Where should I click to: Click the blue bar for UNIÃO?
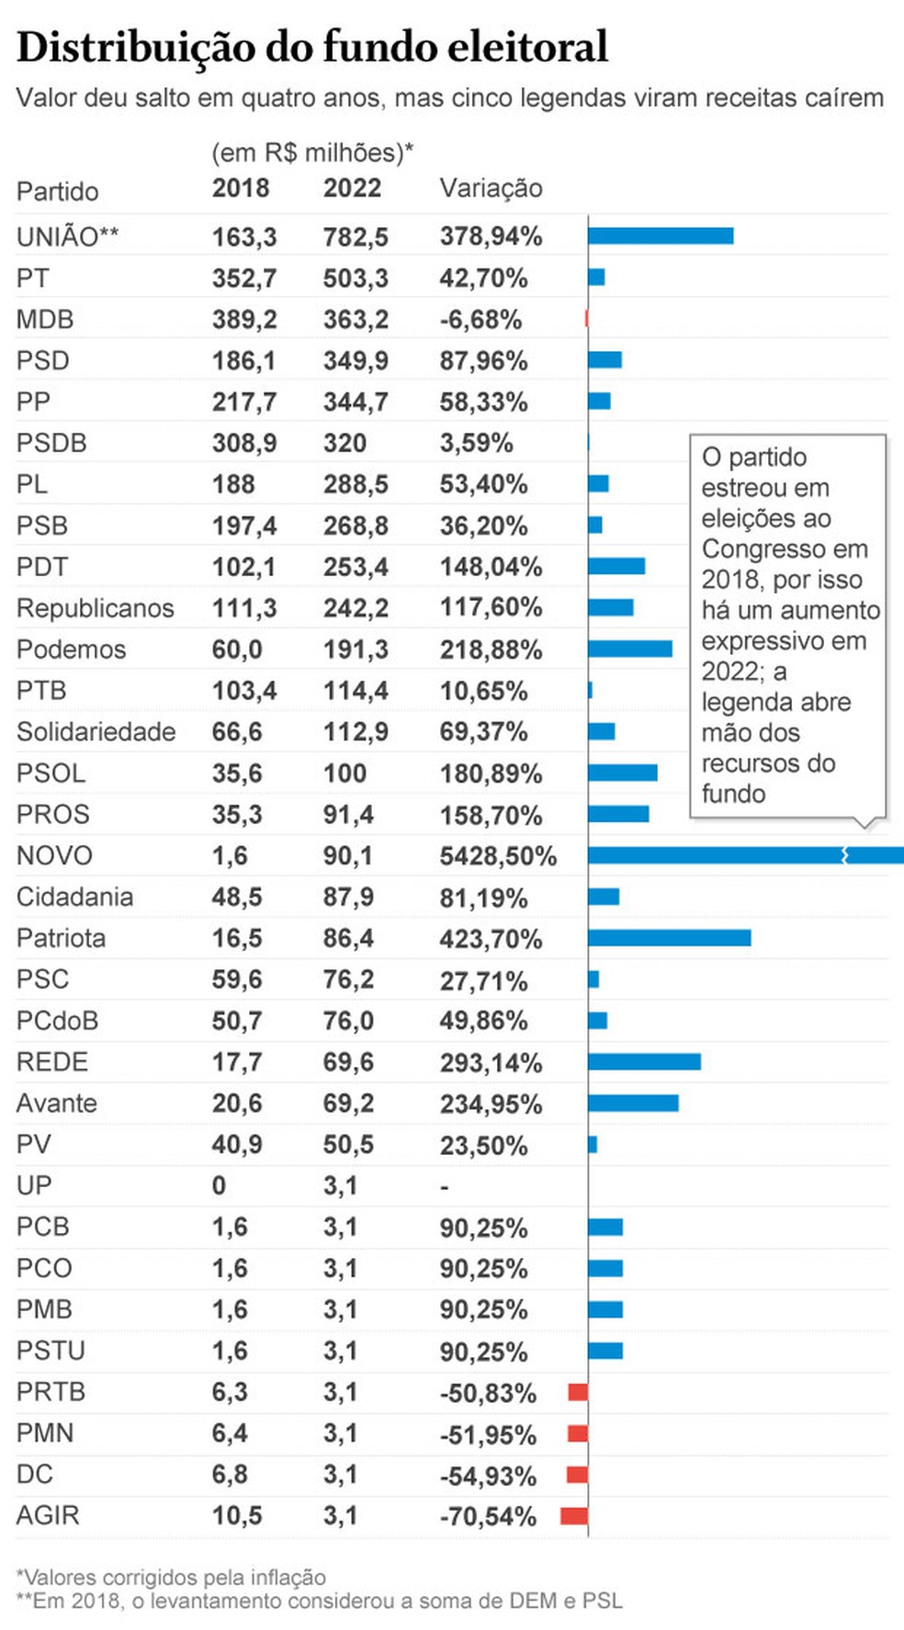(x=661, y=236)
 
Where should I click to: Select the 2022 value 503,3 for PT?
(x=356, y=278)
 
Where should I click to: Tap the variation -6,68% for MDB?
(x=480, y=320)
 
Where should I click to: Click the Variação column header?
(x=491, y=188)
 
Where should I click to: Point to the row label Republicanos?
(x=95, y=608)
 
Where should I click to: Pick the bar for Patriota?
(x=669, y=938)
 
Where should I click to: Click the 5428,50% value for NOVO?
(x=498, y=856)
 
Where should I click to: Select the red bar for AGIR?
(x=574, y=1516)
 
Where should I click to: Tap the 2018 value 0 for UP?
(x=219, y=1186)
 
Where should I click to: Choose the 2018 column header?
(x=241, y=188)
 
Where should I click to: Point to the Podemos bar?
(x=630, y=650)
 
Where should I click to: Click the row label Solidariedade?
(x=96, y=732)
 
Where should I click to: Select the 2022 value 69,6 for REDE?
(x=348, y=1062)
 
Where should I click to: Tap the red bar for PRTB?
(x=578, y=1392)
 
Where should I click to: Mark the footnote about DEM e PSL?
(x=319, y=1601)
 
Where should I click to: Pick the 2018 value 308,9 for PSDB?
(x=244, y=443)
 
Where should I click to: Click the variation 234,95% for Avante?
(x=491, y=1104)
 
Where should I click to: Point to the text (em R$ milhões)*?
(x=312, y=153)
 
